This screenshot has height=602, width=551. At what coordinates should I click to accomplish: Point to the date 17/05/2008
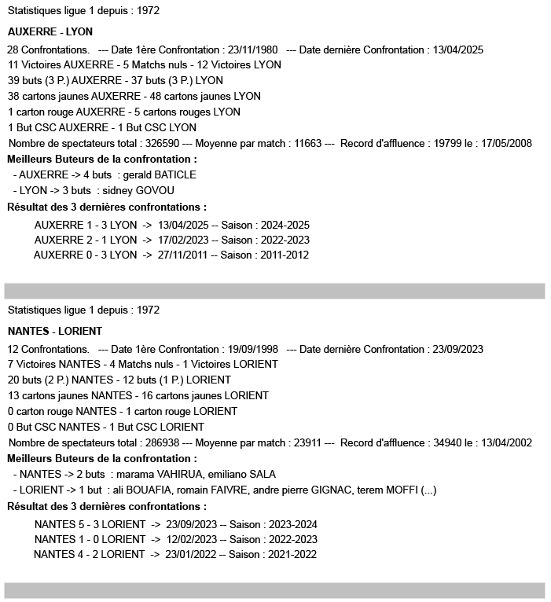click(x=509, y=143)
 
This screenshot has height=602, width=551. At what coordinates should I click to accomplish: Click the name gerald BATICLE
click(x=160, y=174)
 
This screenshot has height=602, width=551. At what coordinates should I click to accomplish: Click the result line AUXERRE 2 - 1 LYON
click(x=85, y=240)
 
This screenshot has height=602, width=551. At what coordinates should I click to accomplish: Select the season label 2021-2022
click(x=289, y=555)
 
